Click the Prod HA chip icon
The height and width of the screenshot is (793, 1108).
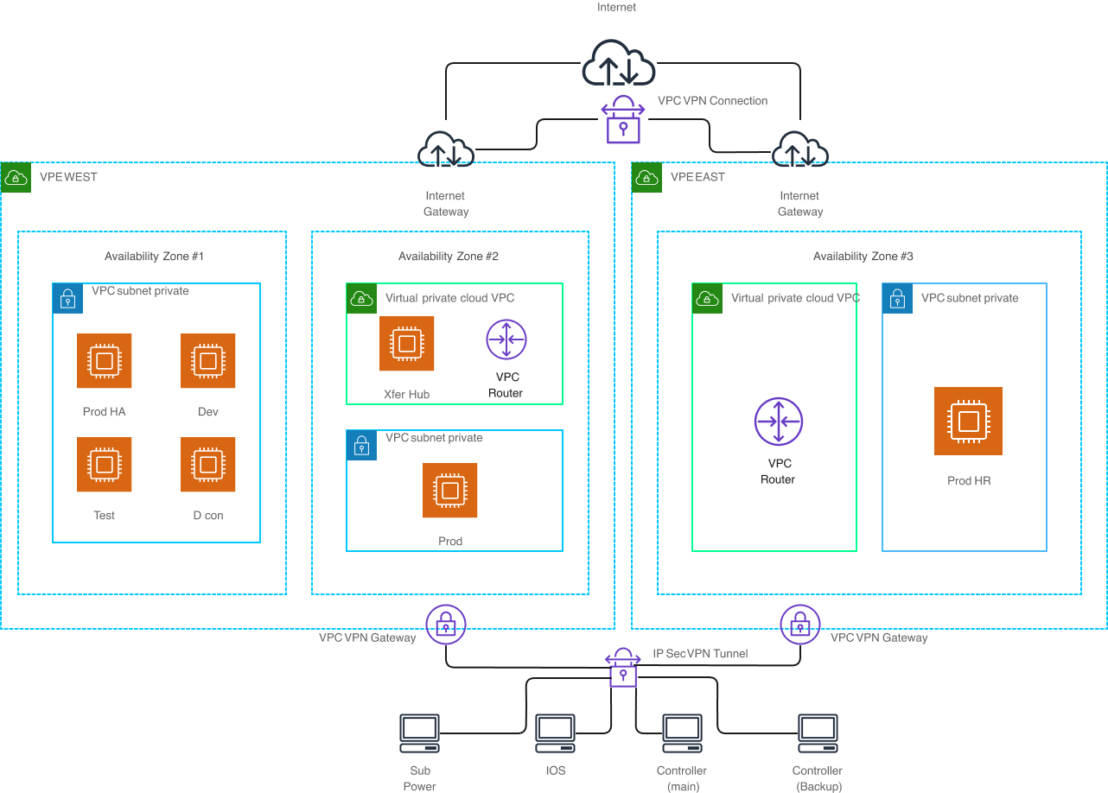click(105, 360)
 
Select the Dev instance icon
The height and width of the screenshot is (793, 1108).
click(208, 360)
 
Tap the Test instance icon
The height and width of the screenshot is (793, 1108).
click(105, 464)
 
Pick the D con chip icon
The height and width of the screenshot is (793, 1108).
click(208, 464)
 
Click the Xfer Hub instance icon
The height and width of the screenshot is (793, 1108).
click(406, 343)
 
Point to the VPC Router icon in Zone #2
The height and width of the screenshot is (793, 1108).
click(506, 339)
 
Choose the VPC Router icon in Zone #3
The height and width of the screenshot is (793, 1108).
click(779, 422)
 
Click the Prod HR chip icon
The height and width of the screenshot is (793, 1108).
click(969, 422)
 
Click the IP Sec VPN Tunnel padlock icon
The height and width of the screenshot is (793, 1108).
click(622, 667)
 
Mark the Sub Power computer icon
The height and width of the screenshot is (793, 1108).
click(420, 733)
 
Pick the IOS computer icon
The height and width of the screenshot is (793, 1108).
click(556, 733)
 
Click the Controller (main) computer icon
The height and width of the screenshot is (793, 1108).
click(682, 733)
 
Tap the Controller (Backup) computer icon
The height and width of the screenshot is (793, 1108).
click(818, 733)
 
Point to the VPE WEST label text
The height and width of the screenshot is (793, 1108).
click(68, 177)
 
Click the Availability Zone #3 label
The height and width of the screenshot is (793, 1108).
click(863, 257)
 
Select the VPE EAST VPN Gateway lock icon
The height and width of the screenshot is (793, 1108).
click(800, 624)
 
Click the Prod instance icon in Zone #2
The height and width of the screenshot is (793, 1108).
click(450, 491)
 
